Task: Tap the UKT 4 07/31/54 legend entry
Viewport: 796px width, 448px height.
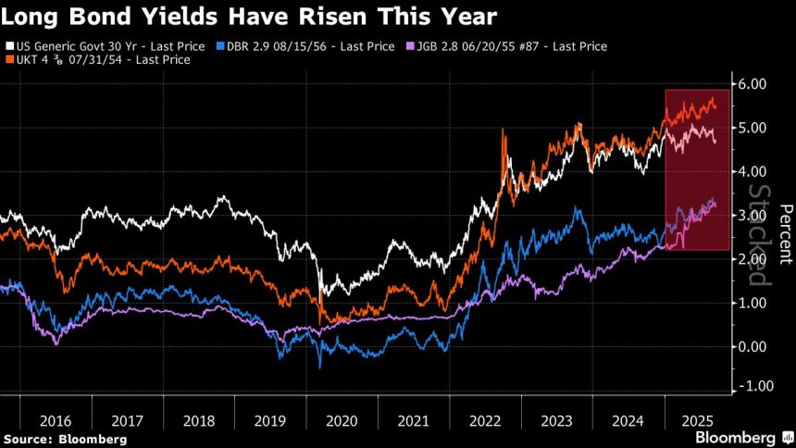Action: (x=102, y=59)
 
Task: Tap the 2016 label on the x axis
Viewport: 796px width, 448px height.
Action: (x=56, y=419)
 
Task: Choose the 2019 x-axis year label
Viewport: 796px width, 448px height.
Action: (x=271, y=419)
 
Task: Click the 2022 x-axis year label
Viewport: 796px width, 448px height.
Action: (x=485, y=419)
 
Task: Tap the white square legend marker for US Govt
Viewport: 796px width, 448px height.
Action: (x=8, y=44)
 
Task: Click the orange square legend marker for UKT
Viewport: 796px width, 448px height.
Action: (x=8, y=59)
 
